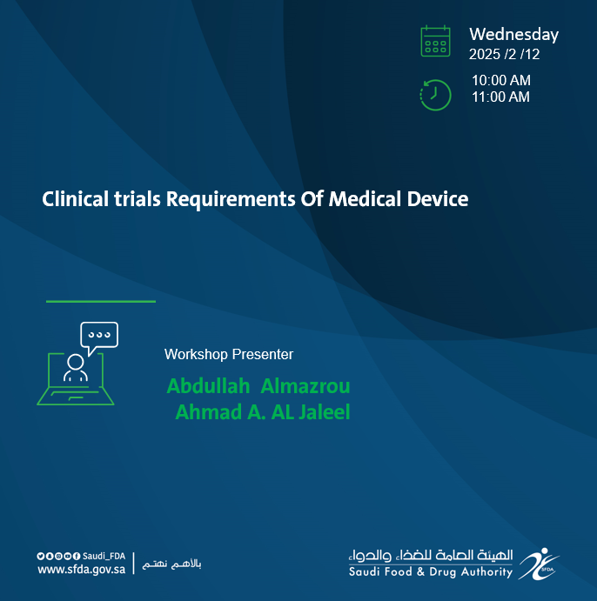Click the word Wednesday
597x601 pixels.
click(513, 36)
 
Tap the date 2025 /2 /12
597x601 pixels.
click(504, 55)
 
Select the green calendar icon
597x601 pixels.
click(435, 42)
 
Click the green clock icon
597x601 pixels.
click(435, 95)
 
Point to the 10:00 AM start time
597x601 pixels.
click(501, 81)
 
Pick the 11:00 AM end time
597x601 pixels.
click(500, 97)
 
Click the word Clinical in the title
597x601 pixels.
click(75, 199)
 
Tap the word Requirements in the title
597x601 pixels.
click(231, 200)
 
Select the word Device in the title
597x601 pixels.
click(438, 199)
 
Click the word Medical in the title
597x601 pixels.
click(365, 199)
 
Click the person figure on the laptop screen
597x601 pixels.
click(76, 368)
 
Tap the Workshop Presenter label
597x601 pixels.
click(229, 355)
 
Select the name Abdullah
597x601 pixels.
click(208, 386)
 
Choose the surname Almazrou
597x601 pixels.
click(305, 386)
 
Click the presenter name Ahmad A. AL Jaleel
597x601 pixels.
click(263, 412)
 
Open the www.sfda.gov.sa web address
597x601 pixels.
click(81, 570)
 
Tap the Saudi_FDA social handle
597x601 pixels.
click(104, 556)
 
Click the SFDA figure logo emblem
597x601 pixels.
click(539, 564)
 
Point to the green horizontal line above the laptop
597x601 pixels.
click(101, 302)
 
